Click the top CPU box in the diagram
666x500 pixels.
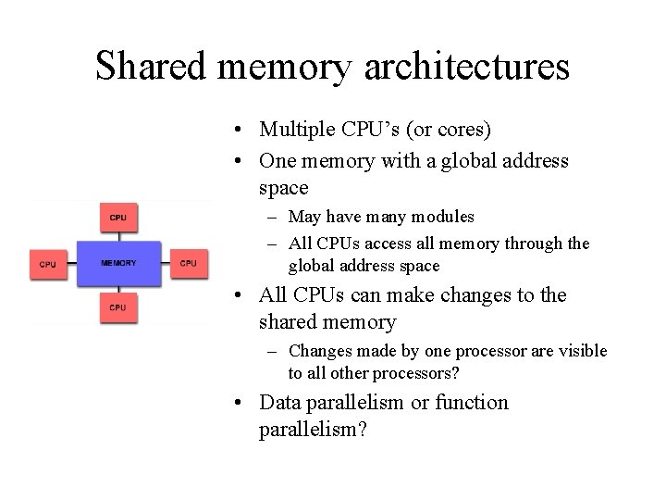click(118, 218)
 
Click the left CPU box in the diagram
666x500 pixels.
click(47, 264)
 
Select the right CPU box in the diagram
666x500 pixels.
click(189, 263)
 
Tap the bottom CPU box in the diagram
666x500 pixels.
click(118, 306)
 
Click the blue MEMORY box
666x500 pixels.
click(118, 263)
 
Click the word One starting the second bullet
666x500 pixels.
click(277, 160)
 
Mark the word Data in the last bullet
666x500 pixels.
click(279, 403)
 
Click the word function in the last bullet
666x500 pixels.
click(475, 403)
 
